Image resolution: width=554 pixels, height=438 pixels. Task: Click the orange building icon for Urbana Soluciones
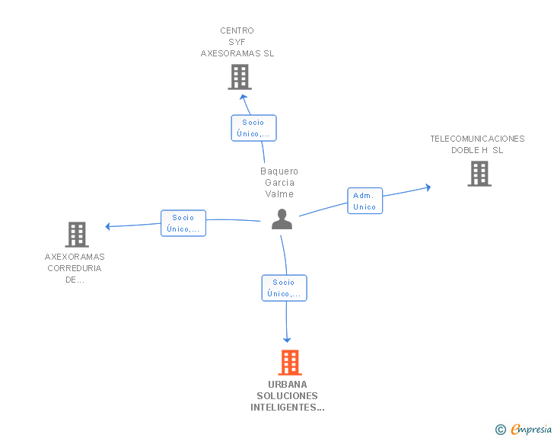click(x=290, y=363)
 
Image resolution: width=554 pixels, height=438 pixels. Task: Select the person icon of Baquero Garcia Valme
click(x=282, y=219)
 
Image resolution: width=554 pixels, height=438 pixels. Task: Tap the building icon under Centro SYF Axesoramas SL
click(x=240, y=77)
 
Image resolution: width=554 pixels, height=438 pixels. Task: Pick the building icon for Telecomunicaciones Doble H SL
click(x=479, y=174)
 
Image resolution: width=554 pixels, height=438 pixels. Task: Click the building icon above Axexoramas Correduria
click(x=77, y=235)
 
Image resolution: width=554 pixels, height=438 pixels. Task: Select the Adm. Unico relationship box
click(x=365, y=201)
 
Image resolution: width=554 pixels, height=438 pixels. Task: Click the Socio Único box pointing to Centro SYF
click(x=253, y=128)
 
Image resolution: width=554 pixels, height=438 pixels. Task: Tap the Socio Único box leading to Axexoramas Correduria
click(x=183, y=223)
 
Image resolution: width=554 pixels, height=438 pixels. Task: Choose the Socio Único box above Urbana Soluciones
click(x=285, y=288)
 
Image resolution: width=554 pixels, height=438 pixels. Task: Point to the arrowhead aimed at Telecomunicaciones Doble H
click(x=428, y=187)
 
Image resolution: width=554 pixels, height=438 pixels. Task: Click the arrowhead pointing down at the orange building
click(x=287, y=340)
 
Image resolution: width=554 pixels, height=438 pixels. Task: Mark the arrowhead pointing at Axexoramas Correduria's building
click(x=108, y=226)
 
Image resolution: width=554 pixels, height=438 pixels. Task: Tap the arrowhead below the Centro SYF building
click(x=243, y=97)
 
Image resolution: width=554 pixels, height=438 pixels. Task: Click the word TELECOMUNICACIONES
click(x=477, y=139)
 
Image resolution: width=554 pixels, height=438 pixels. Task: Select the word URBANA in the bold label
click(x=287, y=385)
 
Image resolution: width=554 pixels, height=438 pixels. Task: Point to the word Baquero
click(x=279, y=171)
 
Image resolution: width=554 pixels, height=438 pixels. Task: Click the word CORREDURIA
click(x=75, y=268)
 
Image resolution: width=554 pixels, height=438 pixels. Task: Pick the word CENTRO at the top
click(x=237, y=30)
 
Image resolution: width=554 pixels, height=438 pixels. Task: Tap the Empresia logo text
click(x=531, y=429)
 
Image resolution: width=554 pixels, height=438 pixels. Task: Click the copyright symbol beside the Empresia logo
click(x=500, y=430)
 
